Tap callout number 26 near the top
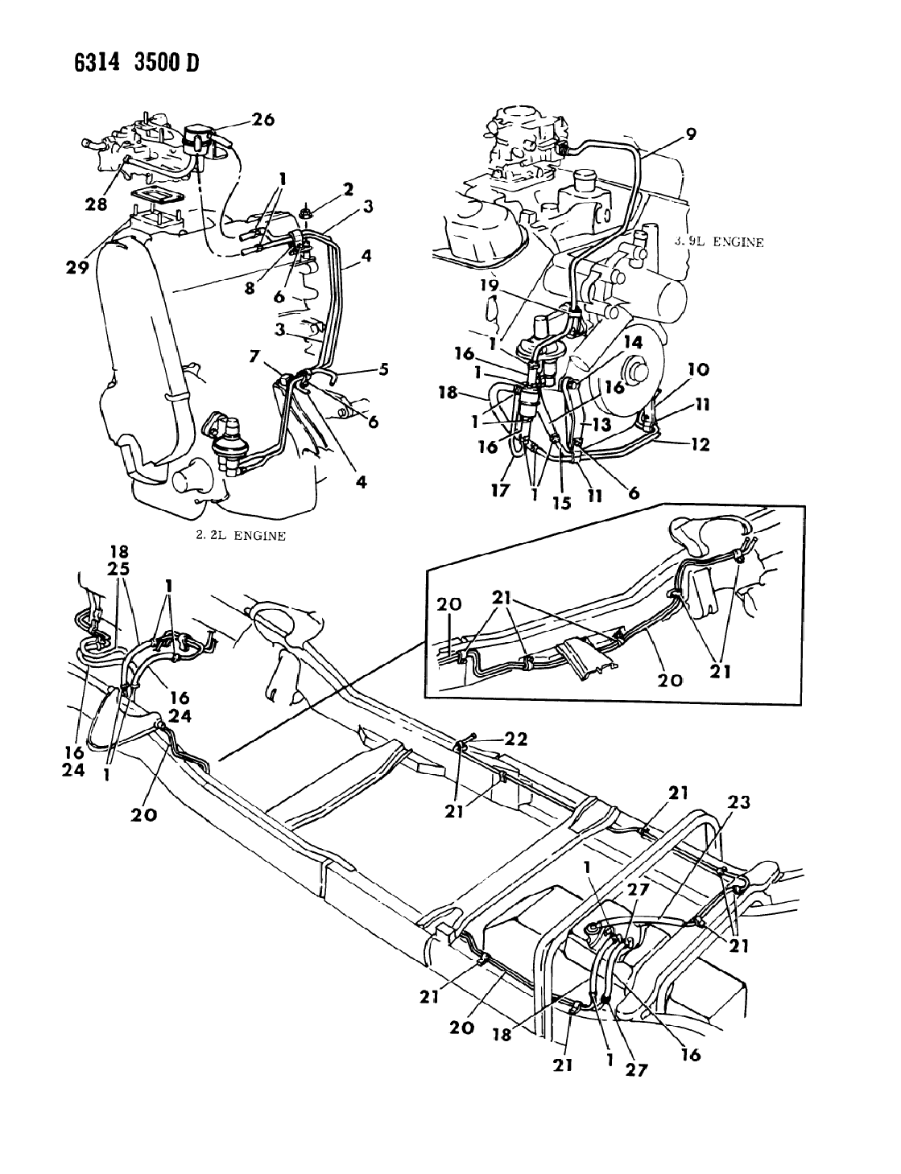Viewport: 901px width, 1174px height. pyautogui.click(x=262, y=120)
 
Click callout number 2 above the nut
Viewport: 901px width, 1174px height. pyautogui.click(x=348, y=189)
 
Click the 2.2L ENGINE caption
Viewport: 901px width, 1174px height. pyautogui.click(x=241, y=535)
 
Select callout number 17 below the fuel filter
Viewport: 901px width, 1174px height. pyautogui.click(x=502, y=488)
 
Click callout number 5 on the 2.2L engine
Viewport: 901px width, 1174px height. pyautogui.click(x=383, y=371)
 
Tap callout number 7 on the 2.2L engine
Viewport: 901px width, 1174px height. pyautogui.click(x=254, y=356)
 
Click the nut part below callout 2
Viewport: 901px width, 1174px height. pyautogui.click(x=307, y=213)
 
